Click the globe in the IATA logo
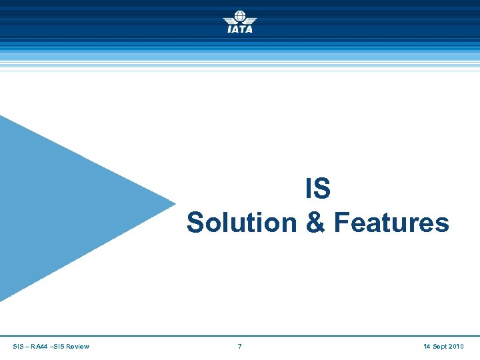pyautogui.click(x=239, y=17)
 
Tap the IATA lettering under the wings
pyautogui.click(x=239, y=29)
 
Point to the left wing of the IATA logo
pyautogui.click(x=228, y=20)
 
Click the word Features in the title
pyautogui.click(x=391, y=223)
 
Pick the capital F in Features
pyautogui.click(x=341, y=223)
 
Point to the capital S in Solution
pyautogui.click(x=195, y=223)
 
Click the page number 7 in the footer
pyautogui.click(x=239, y=347)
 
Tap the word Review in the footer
pyautogui.click(x=77, y=347)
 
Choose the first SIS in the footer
pyautogui.click(x=18, y=347)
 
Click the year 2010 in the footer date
pyautogui.click(x=457, y=347)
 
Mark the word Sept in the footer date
pyautogui.click(x=440, y=347)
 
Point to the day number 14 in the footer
pyautogui.click(x=427, y=347)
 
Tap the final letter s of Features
pyautogui.click(x=443, y=225)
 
